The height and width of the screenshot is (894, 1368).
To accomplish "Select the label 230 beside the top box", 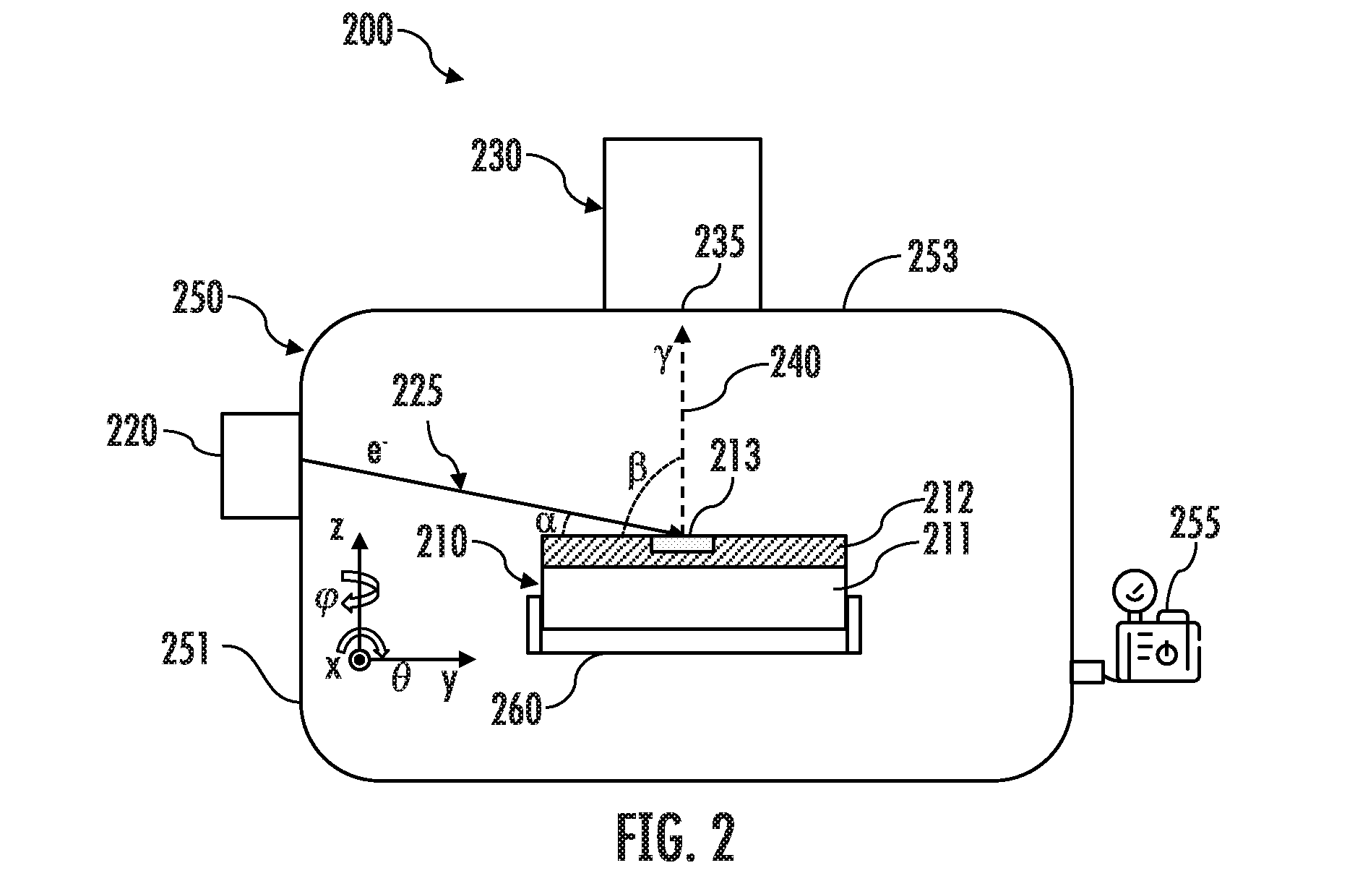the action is pyautogui.click(x=496, y=156).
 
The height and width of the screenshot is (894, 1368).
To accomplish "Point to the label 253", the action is pyautogui.click(x=933, y=256).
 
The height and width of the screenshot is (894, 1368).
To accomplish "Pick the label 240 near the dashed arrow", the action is pyautogui.click(x=796, y=362).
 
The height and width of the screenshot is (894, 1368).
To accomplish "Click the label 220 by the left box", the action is pyautogui.click(x=131, y=431).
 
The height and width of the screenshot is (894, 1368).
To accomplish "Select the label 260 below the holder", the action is pyautogui.click(x=517, y=708).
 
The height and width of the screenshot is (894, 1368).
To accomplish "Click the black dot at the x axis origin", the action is pyautogui.click(x=358, y=659).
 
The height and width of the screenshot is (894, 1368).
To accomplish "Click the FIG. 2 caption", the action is pyautogui.click(x=676, y=838).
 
